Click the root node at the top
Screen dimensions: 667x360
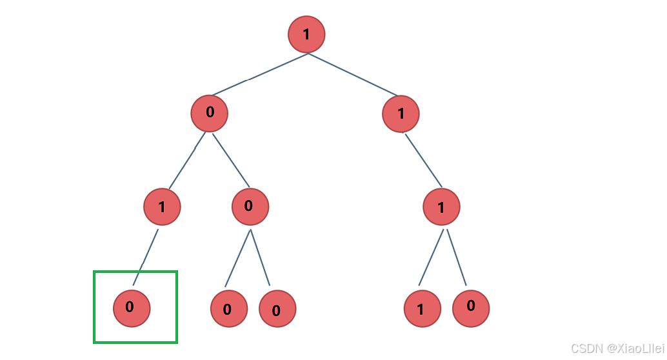coord(306,34)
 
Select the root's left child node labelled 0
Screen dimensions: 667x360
coord(209,114)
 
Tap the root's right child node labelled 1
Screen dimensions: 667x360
coord(401,114)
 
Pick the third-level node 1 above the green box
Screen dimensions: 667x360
coord(162,207)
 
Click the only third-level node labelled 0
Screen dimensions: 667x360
coord(250,207)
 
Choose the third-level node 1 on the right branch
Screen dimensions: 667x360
coord(441,207)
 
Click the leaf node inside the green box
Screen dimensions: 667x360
coord(132,308)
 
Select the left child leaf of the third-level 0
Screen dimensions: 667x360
coord(229,308)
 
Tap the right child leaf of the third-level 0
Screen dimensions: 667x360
coord(277,308)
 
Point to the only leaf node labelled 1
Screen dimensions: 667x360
coord(423,308)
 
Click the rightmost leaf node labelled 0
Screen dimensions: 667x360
coord(471,308)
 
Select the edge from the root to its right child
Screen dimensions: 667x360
coord(353,74)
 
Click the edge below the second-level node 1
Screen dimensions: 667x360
coord(423,161)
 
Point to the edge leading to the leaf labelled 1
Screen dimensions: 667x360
coord(431,257)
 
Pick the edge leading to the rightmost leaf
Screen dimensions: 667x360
coord(457,257)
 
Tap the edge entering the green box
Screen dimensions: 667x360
coord(146,257)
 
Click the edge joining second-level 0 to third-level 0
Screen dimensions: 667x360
coord(230,161)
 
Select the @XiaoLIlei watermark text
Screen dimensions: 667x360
coord(635,348)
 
